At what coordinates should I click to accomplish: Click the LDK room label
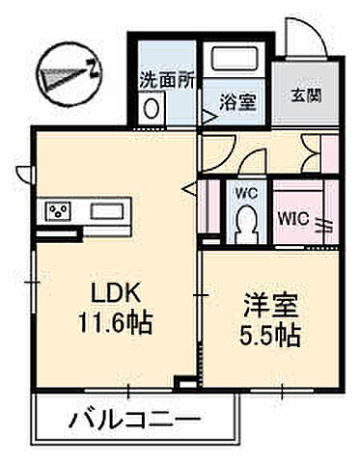pos(106,291)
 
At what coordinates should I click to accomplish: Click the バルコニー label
pos(134,421)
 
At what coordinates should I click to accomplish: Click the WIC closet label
pos(293,218)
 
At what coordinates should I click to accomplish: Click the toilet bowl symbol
pos(246,226)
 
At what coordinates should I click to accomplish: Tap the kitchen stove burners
pos(57,210)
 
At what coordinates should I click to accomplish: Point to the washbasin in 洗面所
pos(152,109)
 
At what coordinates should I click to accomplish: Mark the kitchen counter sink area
pos(102,210)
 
